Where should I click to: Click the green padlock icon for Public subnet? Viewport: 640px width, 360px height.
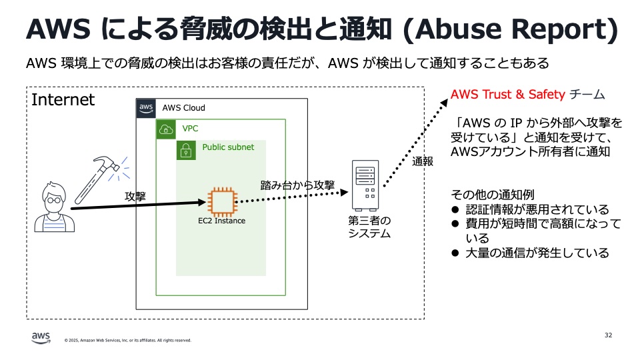[186, 150]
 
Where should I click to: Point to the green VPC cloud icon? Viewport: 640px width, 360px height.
[166, 129]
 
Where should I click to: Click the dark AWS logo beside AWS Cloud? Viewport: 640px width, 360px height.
[146, 108]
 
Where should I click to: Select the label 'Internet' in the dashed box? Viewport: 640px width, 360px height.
[63, 100]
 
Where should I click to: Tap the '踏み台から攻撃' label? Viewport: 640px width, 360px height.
[297, 185]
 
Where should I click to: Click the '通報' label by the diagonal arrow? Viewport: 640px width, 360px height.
[422, 161]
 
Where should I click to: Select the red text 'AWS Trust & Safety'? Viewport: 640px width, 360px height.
[508, 94]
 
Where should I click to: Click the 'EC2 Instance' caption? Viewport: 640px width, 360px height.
[221, 221]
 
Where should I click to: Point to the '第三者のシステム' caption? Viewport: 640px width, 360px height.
[369, 227]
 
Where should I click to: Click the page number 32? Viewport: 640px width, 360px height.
[608, 335]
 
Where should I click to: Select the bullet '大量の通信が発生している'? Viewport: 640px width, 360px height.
[537, 253]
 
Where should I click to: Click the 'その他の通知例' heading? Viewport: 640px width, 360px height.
[493, 195]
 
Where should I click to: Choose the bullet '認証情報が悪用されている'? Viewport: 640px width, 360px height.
[537, 209]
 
